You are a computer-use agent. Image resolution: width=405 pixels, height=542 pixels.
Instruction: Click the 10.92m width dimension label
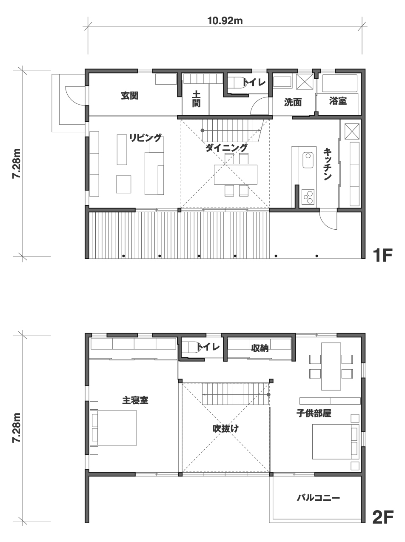pos(225,21)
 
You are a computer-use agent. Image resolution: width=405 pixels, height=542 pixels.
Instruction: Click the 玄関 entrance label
pos(130,96)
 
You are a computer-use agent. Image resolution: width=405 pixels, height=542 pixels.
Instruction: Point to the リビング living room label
pos(145,138)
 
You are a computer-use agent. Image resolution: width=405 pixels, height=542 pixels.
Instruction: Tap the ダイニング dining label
pos(226,148)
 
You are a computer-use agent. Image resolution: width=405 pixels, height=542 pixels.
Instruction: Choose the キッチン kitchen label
pos(327,164)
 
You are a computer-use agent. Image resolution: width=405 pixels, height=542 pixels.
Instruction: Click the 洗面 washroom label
pos(293,102)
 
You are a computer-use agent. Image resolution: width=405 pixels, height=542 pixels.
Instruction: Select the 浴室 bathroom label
pos(338,101)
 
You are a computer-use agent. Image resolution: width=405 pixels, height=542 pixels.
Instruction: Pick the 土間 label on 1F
pos(196,99)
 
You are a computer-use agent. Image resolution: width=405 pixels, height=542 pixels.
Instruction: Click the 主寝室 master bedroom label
pos(135,400)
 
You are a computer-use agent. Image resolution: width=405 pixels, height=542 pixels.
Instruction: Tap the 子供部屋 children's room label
pos(314,413)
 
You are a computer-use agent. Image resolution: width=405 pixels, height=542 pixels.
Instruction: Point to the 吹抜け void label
pos(225,428)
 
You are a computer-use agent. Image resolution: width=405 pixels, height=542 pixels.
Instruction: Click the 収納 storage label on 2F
pos(260,348)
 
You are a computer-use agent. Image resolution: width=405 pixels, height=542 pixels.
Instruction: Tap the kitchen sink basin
pos(308,160)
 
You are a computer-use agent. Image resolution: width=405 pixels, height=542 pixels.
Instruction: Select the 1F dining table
pos(235,174)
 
